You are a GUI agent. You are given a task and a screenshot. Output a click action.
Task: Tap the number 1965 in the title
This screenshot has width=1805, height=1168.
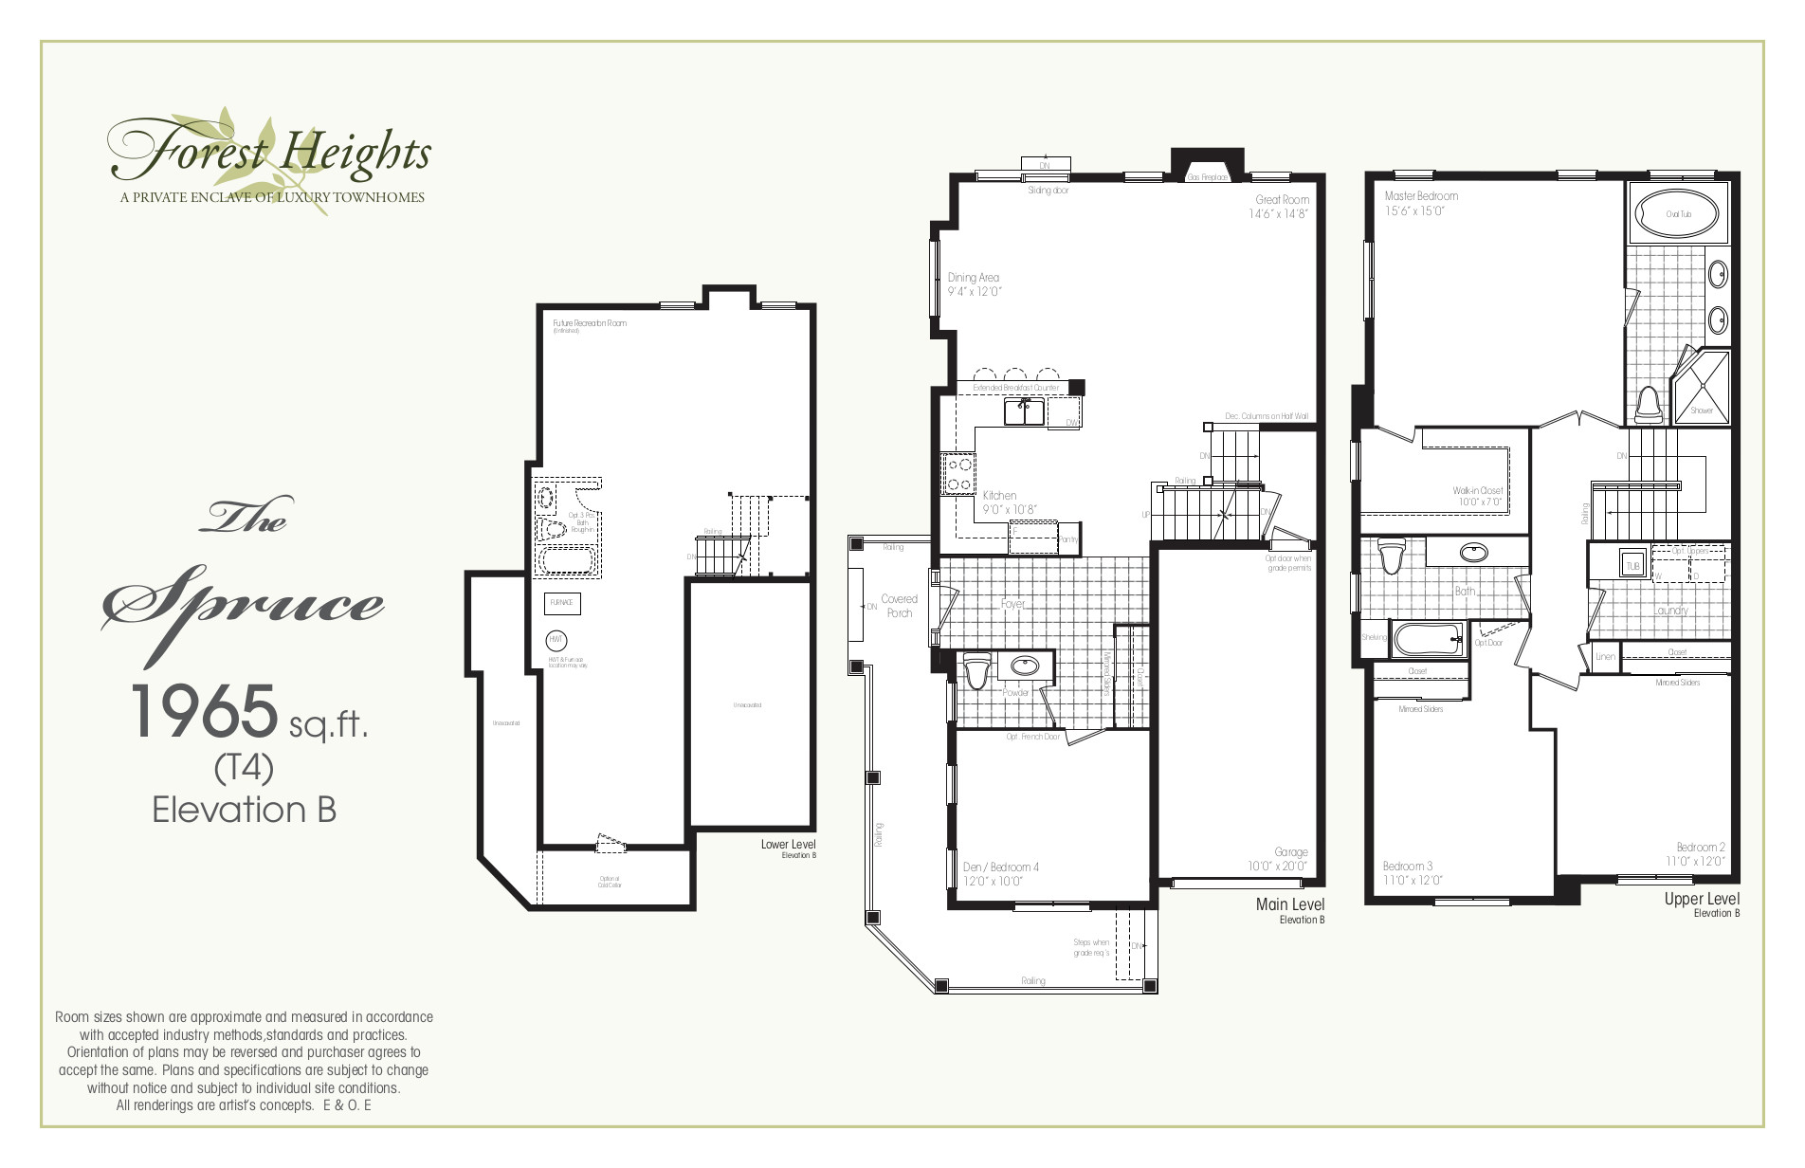point(204,712)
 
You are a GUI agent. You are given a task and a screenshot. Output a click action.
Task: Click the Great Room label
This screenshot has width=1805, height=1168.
point(1282,200)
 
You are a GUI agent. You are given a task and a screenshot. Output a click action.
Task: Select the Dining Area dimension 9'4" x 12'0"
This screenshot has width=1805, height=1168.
point(974,292)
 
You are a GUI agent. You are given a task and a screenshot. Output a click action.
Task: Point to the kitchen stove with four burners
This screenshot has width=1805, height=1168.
point(957,474)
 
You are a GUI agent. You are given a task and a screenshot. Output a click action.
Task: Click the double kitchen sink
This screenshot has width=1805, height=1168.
point(1024,411)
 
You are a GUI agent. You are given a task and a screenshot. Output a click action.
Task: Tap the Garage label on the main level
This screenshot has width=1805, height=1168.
point(1290,852)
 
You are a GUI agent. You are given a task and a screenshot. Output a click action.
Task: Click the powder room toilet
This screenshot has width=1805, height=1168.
point(977,670)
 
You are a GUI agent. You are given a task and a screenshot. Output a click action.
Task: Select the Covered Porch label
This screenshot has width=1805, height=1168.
point(899,606)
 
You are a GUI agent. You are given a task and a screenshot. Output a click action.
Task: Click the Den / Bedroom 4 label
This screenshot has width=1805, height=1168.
point(1000,867)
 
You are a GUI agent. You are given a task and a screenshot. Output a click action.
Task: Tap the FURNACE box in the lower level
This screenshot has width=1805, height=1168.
point(561,603)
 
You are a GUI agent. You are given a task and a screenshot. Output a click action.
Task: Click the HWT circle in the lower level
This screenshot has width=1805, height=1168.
point(556,641)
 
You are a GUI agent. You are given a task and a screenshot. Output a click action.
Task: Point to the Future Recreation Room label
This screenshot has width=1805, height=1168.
point(589,323)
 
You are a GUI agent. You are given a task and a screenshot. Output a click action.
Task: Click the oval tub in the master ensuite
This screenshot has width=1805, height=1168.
point(1678,214)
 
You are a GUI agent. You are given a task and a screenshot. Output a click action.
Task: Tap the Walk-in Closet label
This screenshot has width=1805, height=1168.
point(1477,491)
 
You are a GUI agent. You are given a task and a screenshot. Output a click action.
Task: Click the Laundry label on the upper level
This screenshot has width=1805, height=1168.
point(1670,611)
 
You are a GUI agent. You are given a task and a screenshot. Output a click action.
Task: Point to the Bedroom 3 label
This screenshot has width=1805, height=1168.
point(1407,866)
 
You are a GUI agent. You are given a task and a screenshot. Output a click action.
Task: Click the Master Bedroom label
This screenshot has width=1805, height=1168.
point(1420,196)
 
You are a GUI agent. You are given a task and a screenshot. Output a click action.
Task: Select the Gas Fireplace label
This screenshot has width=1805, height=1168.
point(1208,177)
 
